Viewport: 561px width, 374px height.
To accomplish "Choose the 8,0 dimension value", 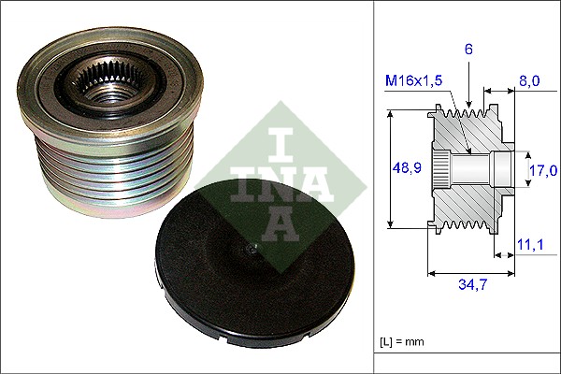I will [x=528, y=81].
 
